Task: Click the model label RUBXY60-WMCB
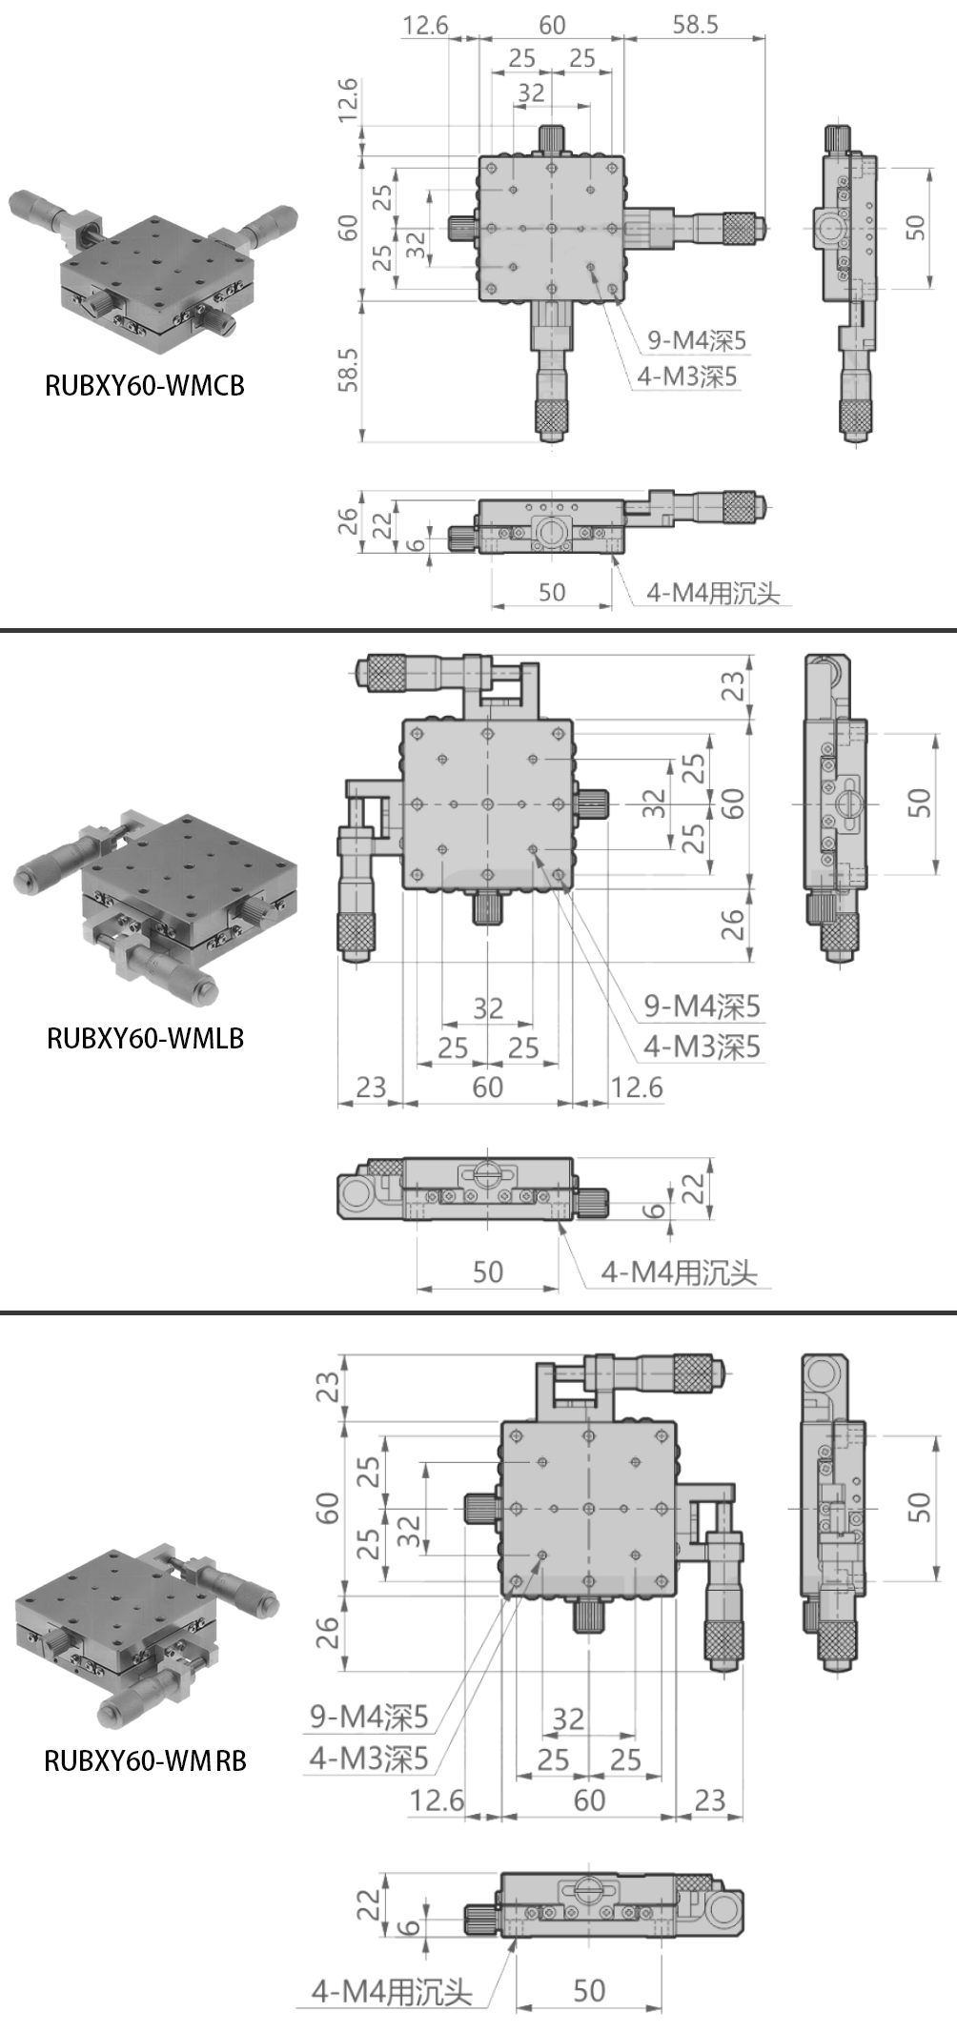(x=145, y=385)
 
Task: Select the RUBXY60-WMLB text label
(x=145, y=1038)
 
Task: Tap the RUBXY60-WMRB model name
(x=145, y=1759)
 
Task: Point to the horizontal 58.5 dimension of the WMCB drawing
(x=695, y=25)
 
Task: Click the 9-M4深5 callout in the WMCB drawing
(x=697, y=339)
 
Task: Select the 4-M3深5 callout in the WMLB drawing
(x=702, y=1047)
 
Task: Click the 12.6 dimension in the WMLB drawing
(x=636, y=1088)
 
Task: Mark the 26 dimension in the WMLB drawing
(x=732, y=924)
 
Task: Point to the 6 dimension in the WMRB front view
(x=408, y=1926)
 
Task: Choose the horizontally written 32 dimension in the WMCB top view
(x=531, y=92)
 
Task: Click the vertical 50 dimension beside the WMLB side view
(x=918, y=803)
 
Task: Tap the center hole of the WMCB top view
(x=552, y=228)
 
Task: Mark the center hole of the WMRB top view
(x=589, y=1508)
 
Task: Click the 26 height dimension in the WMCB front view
(x=348, y=520)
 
